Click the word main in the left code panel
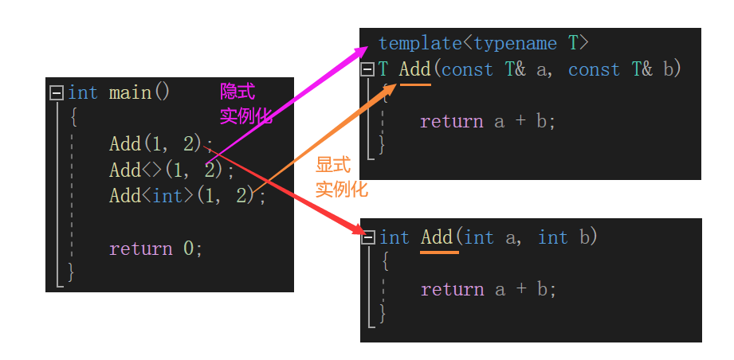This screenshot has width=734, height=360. [130, 92]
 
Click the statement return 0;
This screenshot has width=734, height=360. [155, 248]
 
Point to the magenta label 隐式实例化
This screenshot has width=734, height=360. [245, 104]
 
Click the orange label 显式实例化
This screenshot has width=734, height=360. [341, 177]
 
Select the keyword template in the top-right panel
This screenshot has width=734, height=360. [419, 43]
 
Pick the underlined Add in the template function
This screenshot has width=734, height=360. [414, 69]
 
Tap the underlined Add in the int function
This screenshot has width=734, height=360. [437, 237]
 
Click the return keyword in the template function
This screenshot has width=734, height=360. [451, 121]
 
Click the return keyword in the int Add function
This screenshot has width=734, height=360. [452, 289]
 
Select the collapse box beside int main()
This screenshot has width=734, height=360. [56, 93]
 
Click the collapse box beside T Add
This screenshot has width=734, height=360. [367, 70]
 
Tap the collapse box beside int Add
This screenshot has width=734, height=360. [368, 238]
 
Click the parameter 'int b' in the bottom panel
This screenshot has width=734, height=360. [567, 237]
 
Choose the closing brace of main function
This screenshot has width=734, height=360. [71, 272]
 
